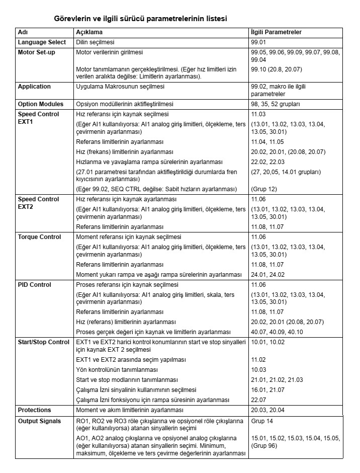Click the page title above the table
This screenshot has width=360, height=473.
click(140, 19)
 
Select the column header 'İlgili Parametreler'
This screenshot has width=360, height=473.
click(277, 32)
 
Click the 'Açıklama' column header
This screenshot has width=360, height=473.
click(89, 32)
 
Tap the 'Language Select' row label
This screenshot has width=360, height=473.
click(42, 42)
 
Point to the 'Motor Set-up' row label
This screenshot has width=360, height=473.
click(36, 52)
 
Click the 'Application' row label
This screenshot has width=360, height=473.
click(34, 87)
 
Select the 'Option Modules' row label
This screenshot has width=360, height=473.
click(41, 104)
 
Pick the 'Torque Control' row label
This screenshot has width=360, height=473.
click(39, 237)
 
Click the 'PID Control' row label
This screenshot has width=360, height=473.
click(34, 285)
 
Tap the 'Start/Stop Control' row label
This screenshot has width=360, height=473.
click(43, 343)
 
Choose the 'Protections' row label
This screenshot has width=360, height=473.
click(34, 410)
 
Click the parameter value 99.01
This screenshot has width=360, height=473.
click(259, 42)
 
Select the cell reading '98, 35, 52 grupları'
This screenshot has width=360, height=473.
click(275, 104)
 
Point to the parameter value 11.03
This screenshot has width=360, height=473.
click(258, 114)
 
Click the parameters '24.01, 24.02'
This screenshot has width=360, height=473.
click(267, 275)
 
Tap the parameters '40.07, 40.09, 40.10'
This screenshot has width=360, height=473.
click(277, 332)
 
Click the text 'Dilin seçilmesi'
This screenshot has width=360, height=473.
click(95, 42)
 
